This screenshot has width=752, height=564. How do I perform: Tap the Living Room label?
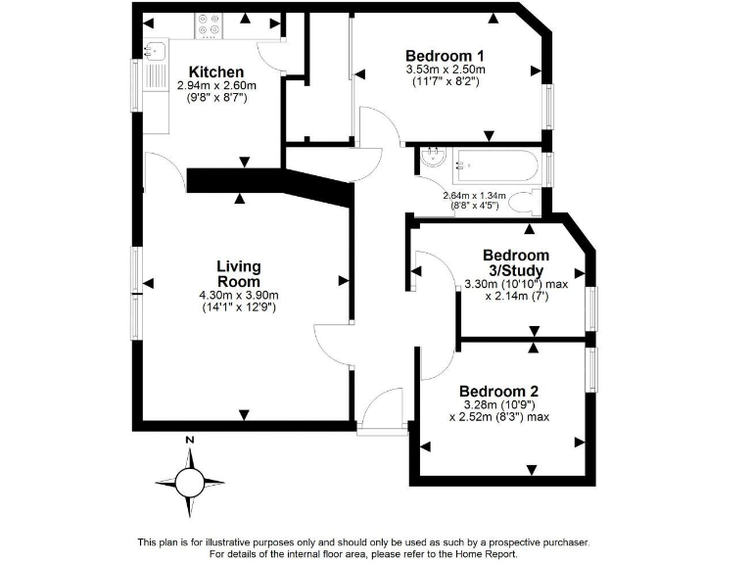point(238,274)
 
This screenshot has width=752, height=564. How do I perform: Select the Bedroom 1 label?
point(446,56)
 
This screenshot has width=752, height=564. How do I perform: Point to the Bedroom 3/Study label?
point(515,262)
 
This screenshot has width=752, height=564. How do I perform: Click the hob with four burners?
point(209,23)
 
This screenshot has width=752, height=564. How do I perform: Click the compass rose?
point(188,481)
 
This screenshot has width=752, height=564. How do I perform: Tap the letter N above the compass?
point(189,442)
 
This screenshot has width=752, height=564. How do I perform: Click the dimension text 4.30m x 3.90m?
point(239,296)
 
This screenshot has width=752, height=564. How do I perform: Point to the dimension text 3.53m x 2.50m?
point(446,70)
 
